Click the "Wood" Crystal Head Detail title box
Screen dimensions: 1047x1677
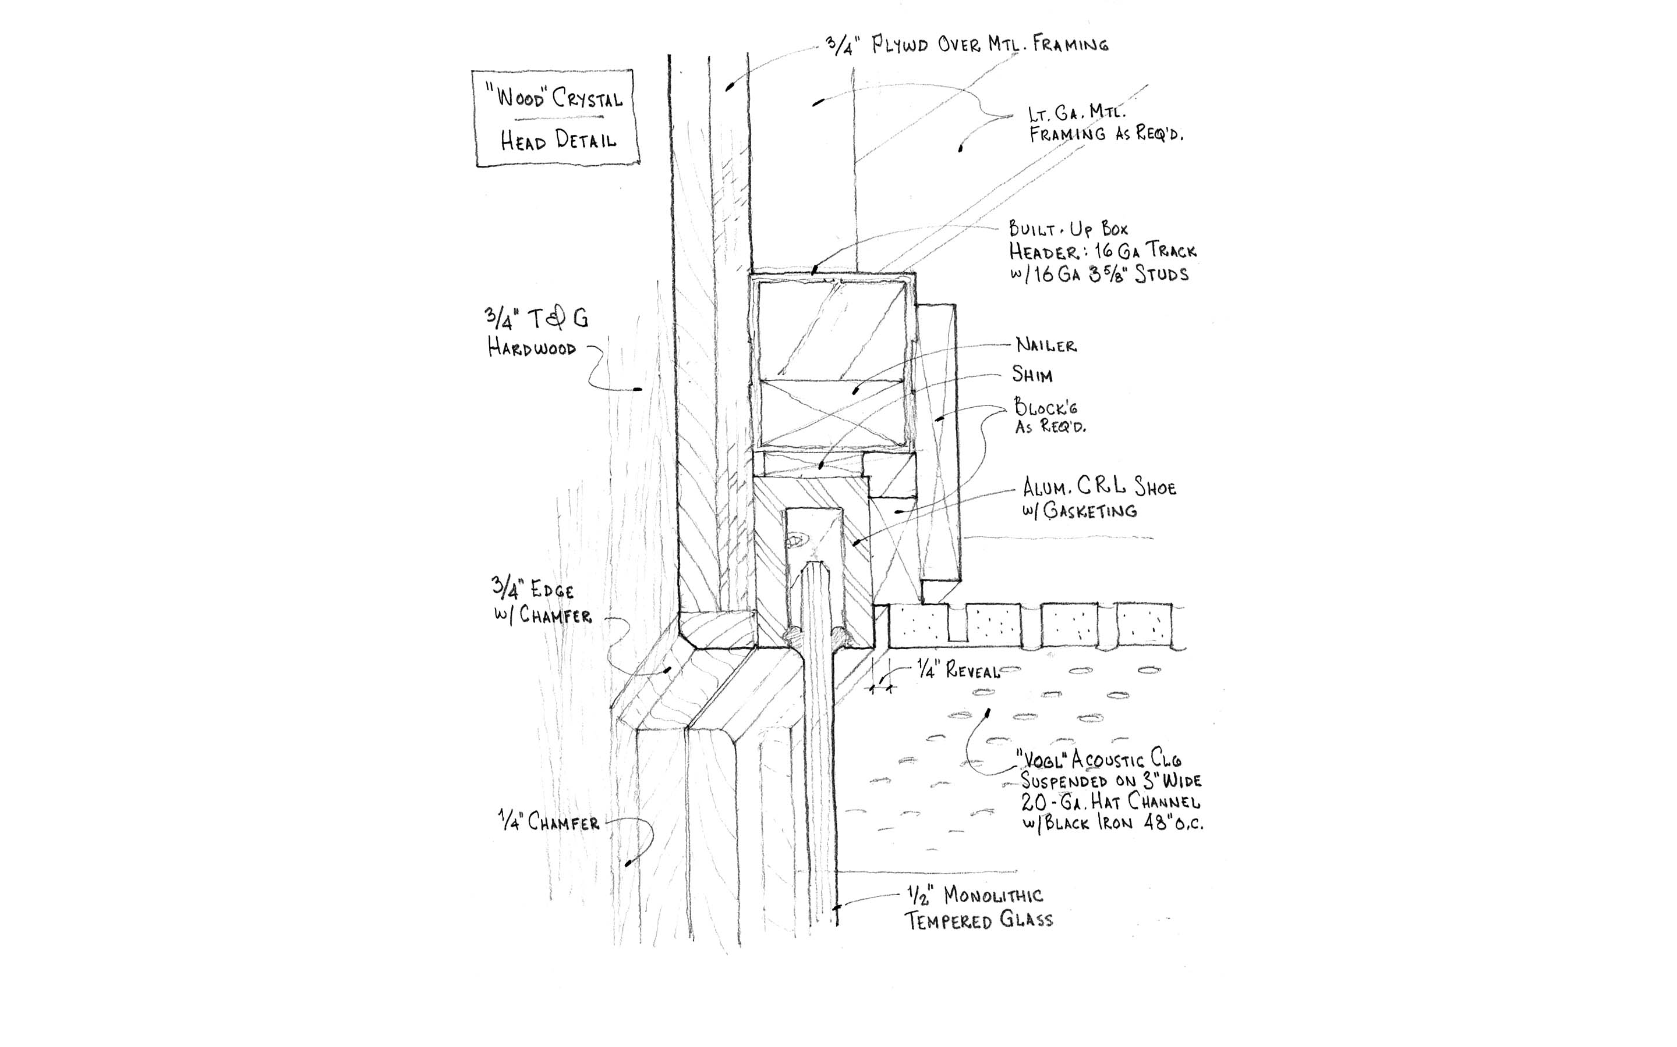coord(556,117)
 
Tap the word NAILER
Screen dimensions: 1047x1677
coord(1046,345)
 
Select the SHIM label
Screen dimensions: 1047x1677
coord(1032,375)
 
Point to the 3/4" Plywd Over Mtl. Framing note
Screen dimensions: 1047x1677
coord(967,45)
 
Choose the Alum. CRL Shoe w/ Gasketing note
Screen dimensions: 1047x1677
coord(1099,499)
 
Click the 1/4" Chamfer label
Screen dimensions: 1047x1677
coord(548,821)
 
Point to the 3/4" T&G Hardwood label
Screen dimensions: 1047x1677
coord(536,332)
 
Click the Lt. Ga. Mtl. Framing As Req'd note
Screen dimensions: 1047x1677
coord(1105,123)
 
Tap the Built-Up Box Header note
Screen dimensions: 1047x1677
coord(1102,251)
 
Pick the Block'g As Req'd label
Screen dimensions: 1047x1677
coord(1049,415)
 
